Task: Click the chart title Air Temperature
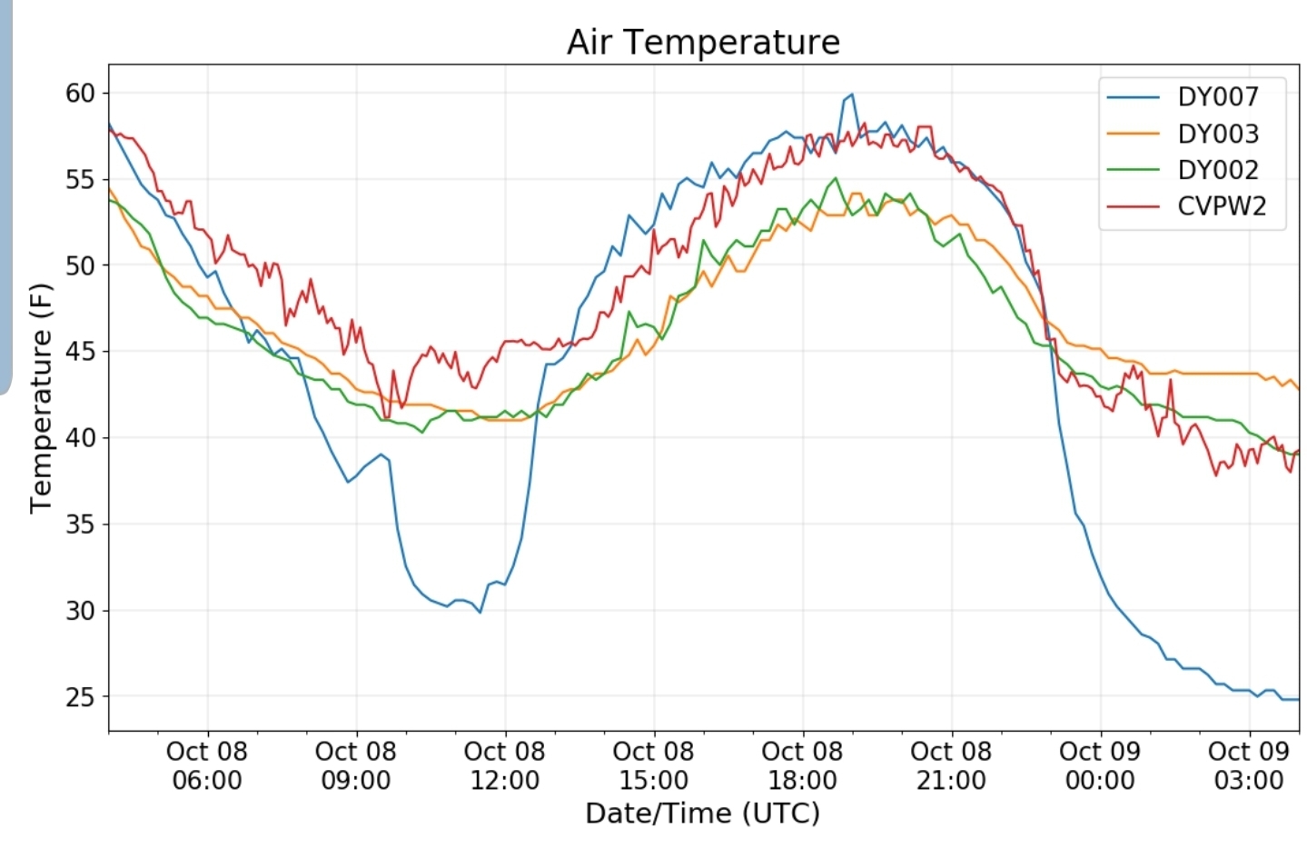pyautogui.click(x=703, y=42)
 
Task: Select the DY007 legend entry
pyautogui.click(x=1217, y=97)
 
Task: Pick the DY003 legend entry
pyautogui.click(x=1217, y=134)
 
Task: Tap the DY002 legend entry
pyautogui.click(x=1217, y=170)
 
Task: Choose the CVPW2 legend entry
pyautogui.click(x=1221, y=206)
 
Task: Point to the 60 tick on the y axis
pyautogui.click(x=80, y=93)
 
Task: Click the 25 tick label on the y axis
pyautogui.click(x=80, y=697)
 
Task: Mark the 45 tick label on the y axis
pyautogui.click(x=80, y=352)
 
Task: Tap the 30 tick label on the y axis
pyautogui.click(x=80, y=611)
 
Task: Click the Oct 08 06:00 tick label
pyautogui.click(x=207, y=765)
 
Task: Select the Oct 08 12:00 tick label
pyautogui.click(x=504, y=765)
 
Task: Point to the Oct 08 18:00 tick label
pyautogui.click(x=802, y=765)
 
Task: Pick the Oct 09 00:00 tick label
pyautogui.click(x=1100, y=765)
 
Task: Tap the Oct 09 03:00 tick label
pyautogui.click(x=1249, y=765)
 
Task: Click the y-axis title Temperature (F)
pyautogui.click(x=41, y=398)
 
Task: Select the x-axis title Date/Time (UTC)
pyautogui.click(x=702, y=813)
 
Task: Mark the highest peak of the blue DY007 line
pyautogui.click(x=852, y=95)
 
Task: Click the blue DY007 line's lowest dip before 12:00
pyautogui.click(x=480, y=612)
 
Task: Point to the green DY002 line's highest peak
pyautogui.click(x=835, y=178)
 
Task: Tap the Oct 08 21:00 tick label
pyautogui.click(x=951, y=765)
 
